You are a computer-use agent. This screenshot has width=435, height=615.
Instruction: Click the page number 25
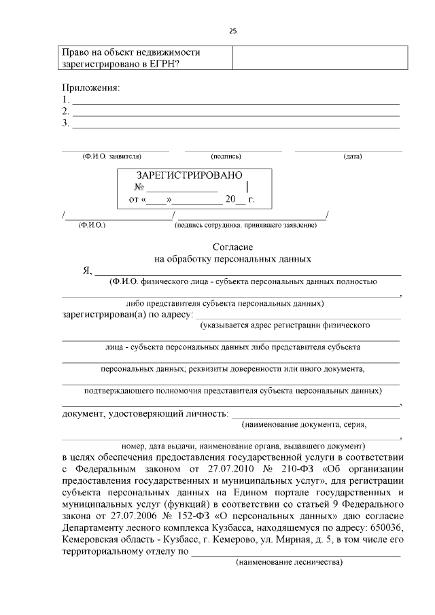232,31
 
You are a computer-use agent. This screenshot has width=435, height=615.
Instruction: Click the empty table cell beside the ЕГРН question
319,57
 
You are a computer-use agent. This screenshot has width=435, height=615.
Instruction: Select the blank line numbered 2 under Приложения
235,111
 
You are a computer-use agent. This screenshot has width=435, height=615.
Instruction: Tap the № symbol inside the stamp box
140,188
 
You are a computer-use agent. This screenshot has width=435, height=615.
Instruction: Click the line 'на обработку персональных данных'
233,259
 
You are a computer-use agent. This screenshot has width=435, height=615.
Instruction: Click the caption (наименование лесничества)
290,563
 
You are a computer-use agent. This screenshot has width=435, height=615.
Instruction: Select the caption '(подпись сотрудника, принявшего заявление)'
245,224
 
